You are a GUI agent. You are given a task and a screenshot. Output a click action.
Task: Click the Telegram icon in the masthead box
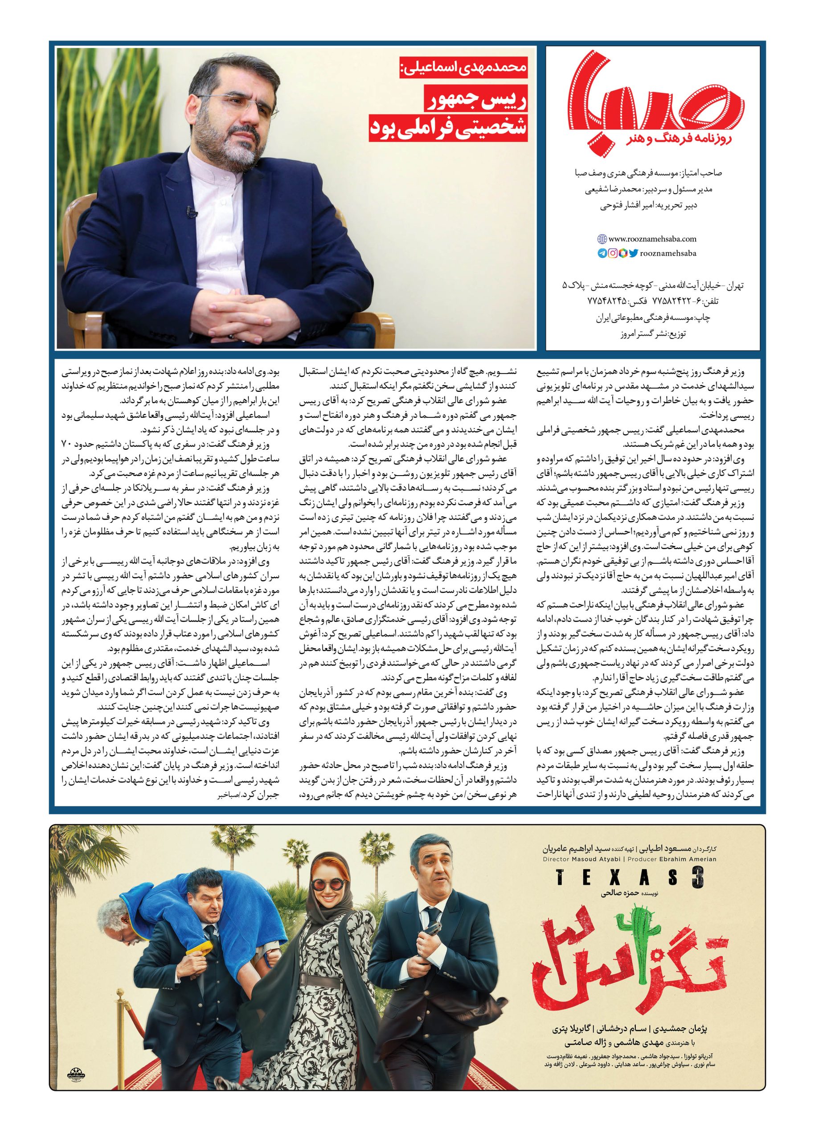click(x=602, y=254)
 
